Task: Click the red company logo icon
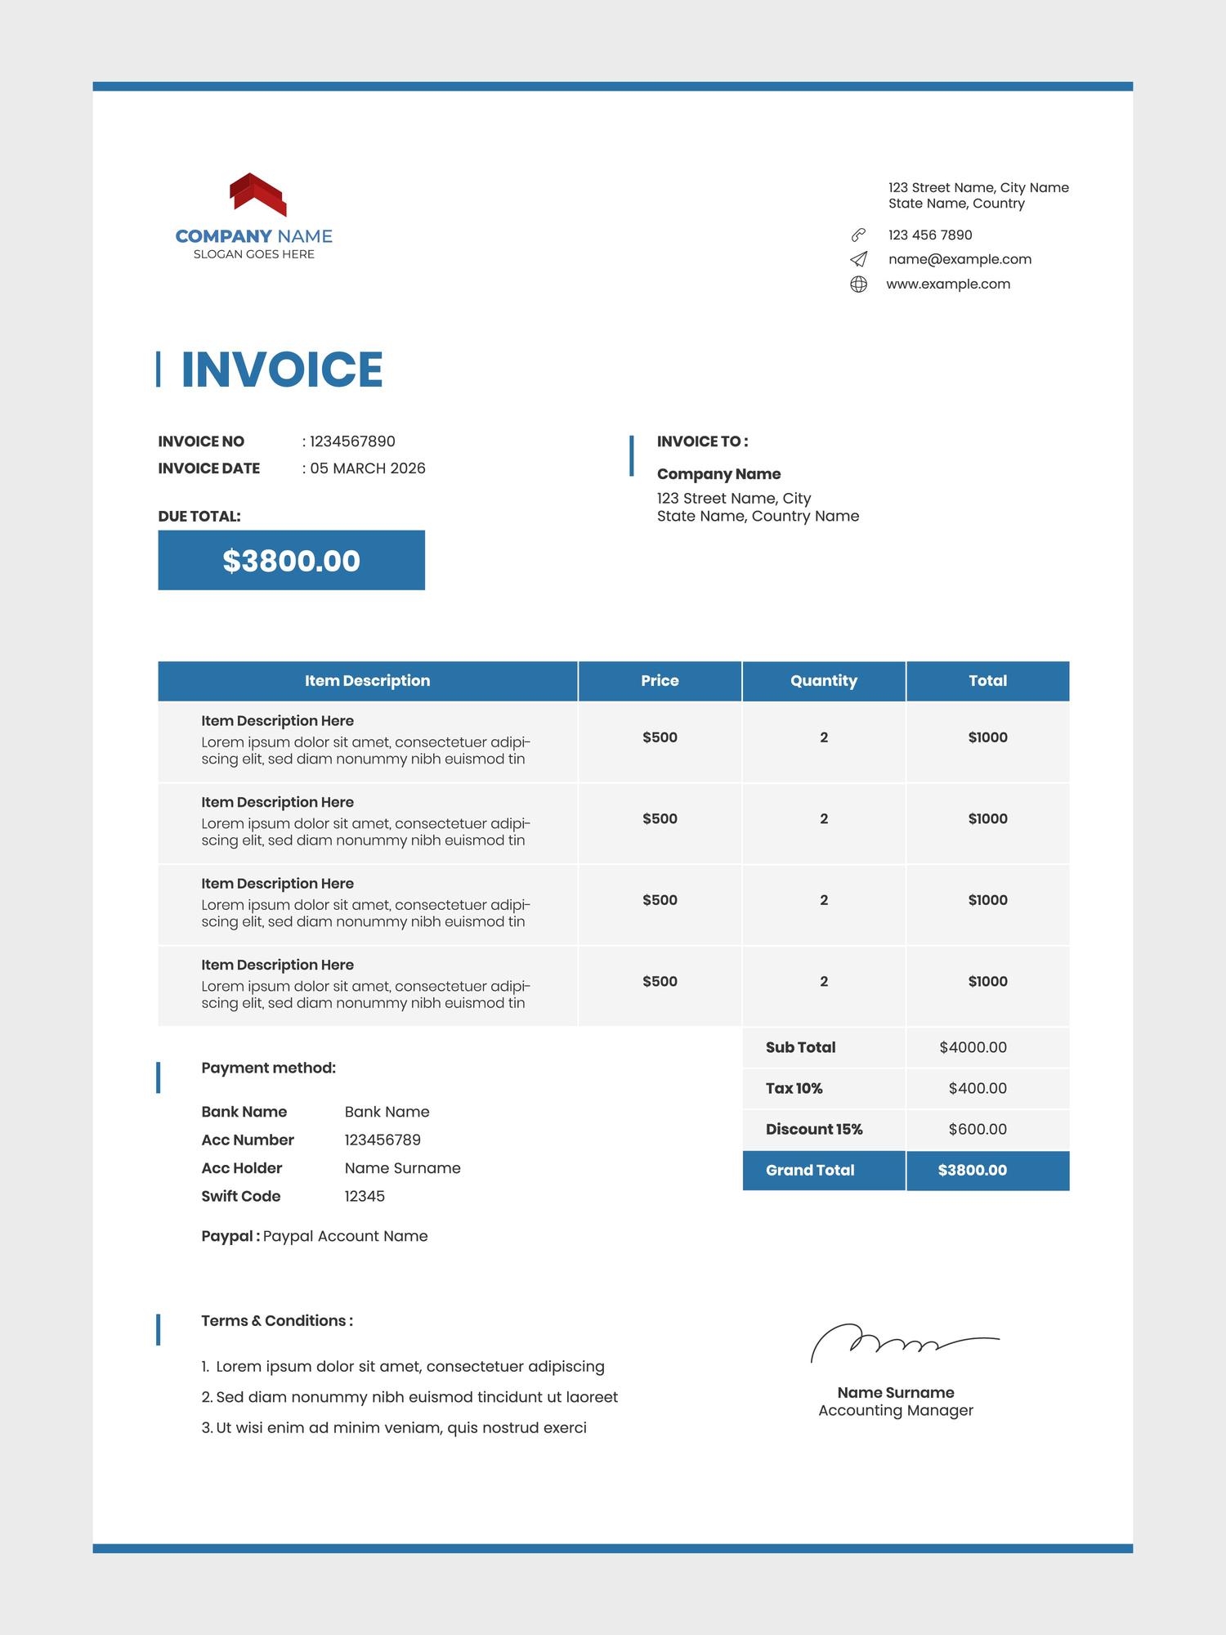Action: (x=257, y=195)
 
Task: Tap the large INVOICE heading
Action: (x=281, y=370)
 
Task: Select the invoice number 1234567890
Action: (x=352, y=441)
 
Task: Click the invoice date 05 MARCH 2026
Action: (x=368, y=468)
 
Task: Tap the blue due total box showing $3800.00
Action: (x=291, y=561)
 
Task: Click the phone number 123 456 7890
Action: (x=930, y=235)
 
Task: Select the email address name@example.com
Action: (x=960, y=259)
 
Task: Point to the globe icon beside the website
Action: (x=858, y=284)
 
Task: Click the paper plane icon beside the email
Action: (x=858, y=259)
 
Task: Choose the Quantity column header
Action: (x=823, y=681)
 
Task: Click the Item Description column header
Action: (x=367, y=681)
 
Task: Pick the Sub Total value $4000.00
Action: (x=973, y=1047)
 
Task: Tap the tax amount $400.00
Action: (x=978, y=1088)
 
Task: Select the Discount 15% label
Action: (x=814, y=1129)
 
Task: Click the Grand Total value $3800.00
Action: (x=973, y=1170)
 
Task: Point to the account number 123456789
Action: (x=383, y=1140)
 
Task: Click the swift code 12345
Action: (x=365, y=1196)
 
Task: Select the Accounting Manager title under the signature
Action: (x=896, y=1410)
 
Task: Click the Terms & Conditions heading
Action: (x=277, y=1320)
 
